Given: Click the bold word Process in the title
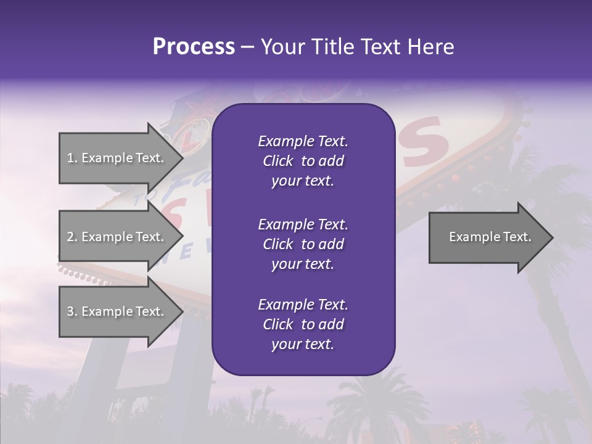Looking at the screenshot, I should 194,47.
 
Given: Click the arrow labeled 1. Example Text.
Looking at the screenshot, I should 117,158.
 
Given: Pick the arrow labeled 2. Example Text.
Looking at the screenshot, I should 117,237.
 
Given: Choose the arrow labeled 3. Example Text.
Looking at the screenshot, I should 117,311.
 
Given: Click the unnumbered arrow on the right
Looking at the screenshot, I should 487,237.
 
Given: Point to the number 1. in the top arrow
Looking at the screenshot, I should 72,158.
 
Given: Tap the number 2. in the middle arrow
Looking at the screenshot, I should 72,237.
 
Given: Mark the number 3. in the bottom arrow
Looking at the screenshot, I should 72,311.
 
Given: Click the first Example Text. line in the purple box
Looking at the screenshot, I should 303,141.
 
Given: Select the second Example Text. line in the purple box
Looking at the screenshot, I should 303,224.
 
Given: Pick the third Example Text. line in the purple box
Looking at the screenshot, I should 303,304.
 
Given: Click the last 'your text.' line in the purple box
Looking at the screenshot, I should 303,345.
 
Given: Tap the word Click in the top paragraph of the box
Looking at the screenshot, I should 277,161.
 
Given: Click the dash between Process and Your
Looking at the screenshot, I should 247,47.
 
